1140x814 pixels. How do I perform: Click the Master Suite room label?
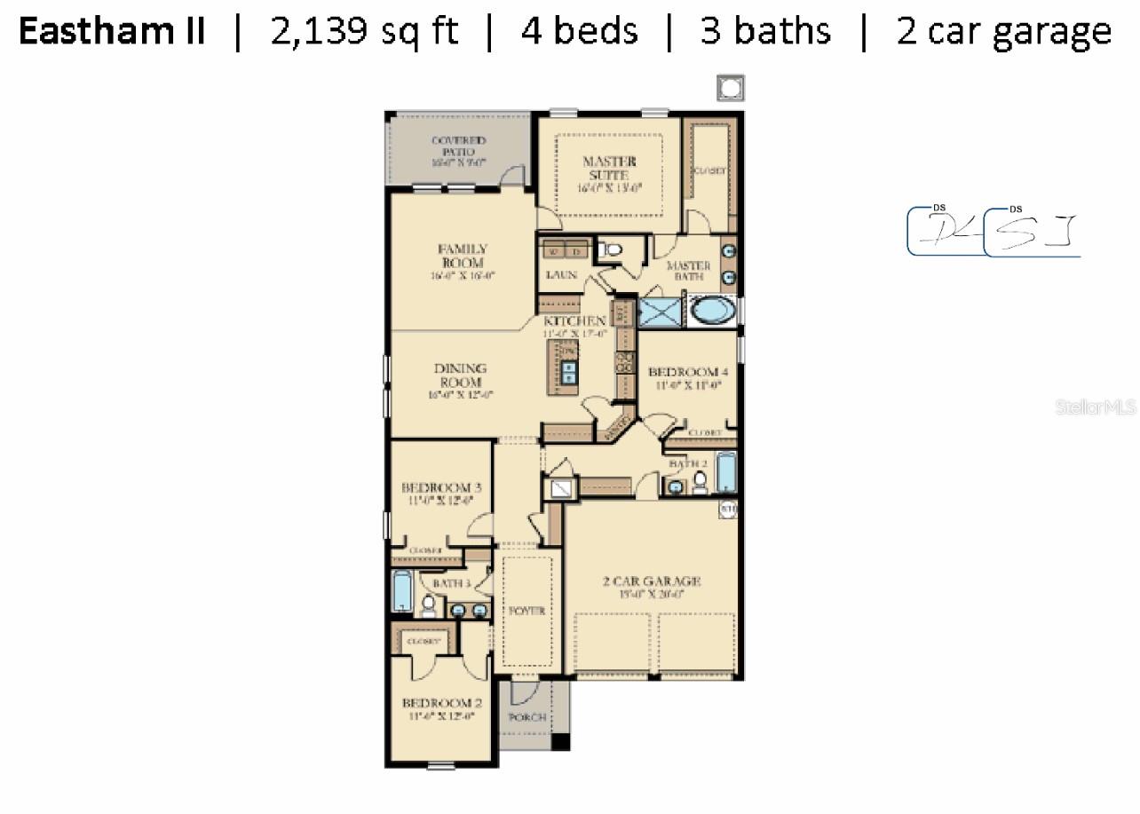[609, 169]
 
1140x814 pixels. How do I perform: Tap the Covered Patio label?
[458, 147]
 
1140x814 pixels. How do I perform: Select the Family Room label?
[462, 257]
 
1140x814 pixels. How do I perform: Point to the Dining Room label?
[460, 375]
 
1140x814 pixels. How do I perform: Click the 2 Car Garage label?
[652, 582]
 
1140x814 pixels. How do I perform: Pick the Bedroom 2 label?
[441, 703]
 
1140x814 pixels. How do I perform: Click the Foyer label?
[526, 611]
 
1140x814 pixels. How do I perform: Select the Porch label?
[526, 717]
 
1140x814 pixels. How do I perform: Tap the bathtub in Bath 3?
[401, 592]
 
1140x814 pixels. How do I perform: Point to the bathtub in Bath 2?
[725, 473]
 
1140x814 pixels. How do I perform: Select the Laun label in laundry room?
[561, 275]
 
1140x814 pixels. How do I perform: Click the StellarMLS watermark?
[1096, 407]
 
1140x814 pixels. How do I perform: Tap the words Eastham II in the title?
[112, 32]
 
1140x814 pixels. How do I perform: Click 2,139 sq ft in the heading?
[364, 32]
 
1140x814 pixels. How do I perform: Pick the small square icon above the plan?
[730, 88]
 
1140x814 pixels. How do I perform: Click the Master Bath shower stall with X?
[659, 312]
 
